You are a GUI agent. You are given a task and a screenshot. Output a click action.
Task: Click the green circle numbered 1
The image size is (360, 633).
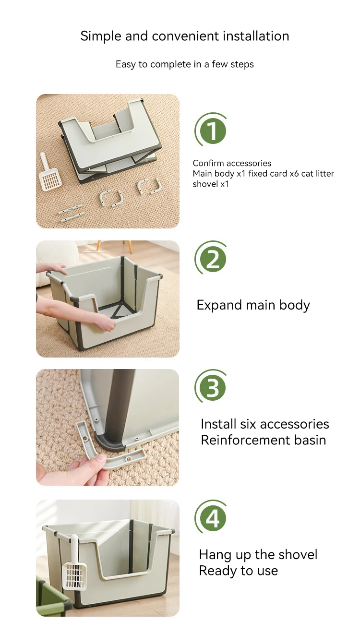[x=213, y=131]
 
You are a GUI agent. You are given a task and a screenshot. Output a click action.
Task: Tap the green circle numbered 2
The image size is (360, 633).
[x=213, y=259]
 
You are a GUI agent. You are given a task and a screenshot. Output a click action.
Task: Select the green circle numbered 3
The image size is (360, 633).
[x=213, y=387]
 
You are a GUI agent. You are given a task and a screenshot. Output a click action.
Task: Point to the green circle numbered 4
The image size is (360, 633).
[x=213, y=518]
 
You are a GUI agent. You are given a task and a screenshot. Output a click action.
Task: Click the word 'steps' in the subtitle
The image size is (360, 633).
[x=242, y=65]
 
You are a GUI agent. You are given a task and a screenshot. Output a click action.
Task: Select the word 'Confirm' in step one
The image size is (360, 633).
[x=208, y=163]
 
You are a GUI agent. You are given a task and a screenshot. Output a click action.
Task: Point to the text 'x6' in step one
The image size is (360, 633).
[x=294, y=174]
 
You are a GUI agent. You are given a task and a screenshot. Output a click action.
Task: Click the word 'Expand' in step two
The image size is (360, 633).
[x=219, y=306]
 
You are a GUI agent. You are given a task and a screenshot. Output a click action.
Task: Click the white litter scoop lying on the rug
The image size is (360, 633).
[x=50, y=172]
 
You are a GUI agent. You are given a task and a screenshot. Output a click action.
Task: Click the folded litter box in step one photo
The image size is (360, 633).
[x=110, y=141]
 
